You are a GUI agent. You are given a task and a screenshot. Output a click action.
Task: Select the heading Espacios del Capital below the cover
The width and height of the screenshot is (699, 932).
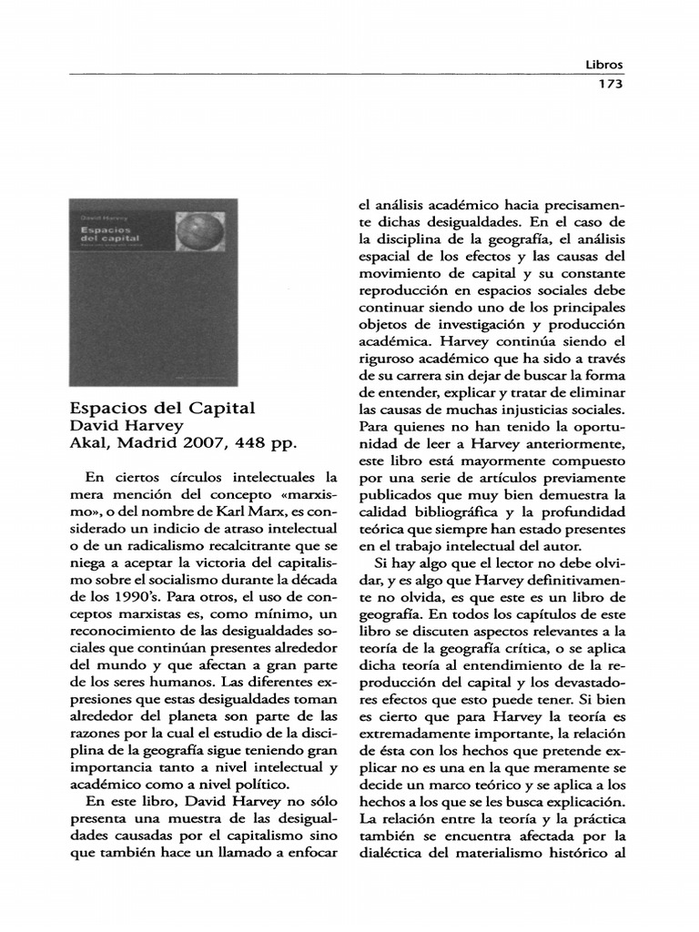[163, 408]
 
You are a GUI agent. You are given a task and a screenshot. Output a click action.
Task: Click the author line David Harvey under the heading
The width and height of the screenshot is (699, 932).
[127, 426]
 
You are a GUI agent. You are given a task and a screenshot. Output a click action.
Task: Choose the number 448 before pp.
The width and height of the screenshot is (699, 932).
[252, 443]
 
